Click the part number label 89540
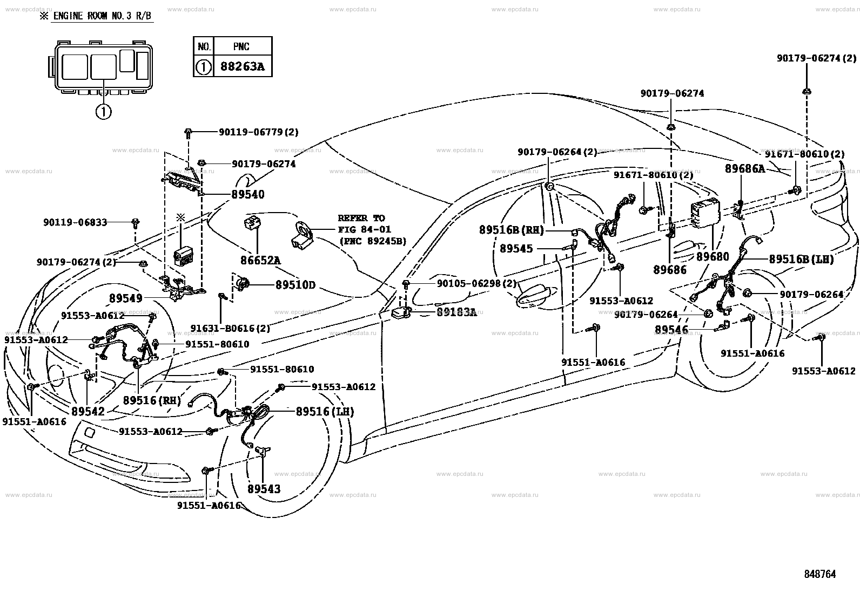pyautogui.click(x=247, y=194)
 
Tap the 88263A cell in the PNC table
pyautogui.click(x=242, y=67)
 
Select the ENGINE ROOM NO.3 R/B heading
pyautogui.click(x=102, y=16)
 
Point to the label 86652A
pyautogui.click(x=260, y=261)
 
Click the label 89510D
pyautogui.click(x=295, y=284)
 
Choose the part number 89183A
pyautogui.click(x=456, y=312)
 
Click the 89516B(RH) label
pyautogui.click(x=512, y=230)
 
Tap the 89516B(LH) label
pyautogui.click(x=801, y=260)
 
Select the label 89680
pyautogui.click(x=713, y=257)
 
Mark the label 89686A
pyautogui.click(x=745, y=168)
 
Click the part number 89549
pyautogui.click(x=125, y=298)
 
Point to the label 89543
pyautogui.click(x=264, y=489)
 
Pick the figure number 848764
pyautogui.click(x=820, y=574)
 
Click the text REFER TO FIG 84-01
pyautogui.click(x=364, y=223)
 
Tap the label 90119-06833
pyautogui.click(x=75, y=222)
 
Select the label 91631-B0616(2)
pyautogui.click(x=230, y=329)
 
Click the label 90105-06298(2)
pyautogui.click(x=476, y=283)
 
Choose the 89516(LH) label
pyautogui.click(x=325, y=412)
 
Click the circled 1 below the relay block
pyautogui.click(x=103, y=112)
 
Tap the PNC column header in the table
pyautogui.click(x=241, y=46)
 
